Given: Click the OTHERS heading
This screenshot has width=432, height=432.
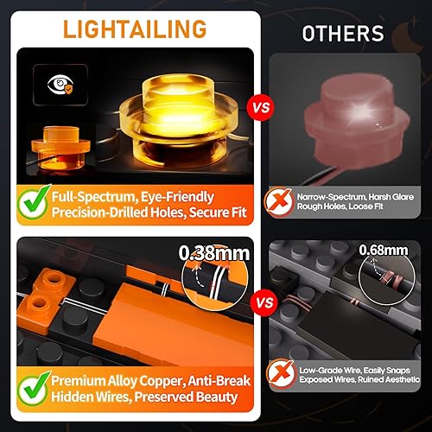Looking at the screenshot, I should (343, 34).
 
